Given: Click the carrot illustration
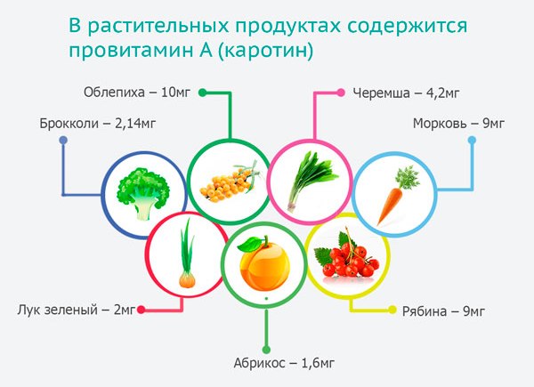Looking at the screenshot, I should click(392, 196).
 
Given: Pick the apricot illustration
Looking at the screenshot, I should click(263, 267).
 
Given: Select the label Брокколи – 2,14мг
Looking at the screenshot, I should click(89, 122).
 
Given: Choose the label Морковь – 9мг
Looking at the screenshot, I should click(455, 122).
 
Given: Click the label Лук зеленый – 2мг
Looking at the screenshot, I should click(76, 310).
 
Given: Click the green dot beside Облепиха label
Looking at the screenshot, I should click(202, 92).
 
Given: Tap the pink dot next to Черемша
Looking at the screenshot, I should click(340, 92).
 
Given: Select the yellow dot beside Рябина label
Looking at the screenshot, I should click(392, 310).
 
